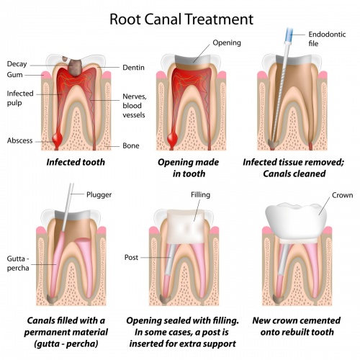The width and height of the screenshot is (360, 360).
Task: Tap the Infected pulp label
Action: tap(21, 97)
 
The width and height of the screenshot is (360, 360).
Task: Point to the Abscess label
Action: tap(21, 140)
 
